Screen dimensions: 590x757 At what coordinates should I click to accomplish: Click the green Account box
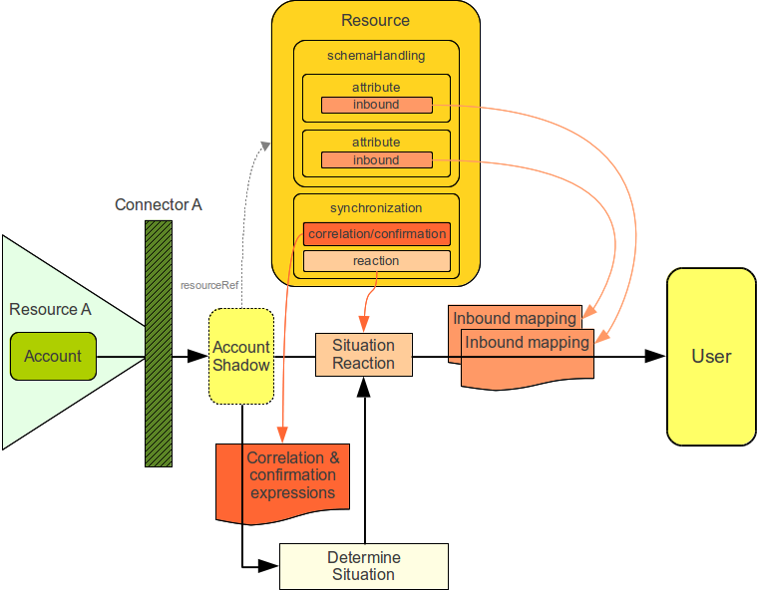click(x=53, y=357)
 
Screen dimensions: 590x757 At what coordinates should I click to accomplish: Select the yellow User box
click(x=711, y=356)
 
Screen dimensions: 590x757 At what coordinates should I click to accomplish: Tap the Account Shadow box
click(x=241, y=356)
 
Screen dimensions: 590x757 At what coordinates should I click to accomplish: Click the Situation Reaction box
click(x=363, y=355)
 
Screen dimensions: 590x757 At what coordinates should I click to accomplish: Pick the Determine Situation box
click(x=363, y=566)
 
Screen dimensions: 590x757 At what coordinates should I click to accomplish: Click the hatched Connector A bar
click(x=158, y=344)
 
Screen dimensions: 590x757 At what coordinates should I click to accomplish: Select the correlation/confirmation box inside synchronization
click(x=376, y=234)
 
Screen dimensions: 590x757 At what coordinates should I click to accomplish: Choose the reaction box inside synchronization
click(x=376, y=261)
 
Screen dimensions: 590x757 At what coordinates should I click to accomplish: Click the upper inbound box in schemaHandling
click(x=376, y=105)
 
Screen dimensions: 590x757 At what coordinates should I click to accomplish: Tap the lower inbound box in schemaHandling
click(x=376, y=160)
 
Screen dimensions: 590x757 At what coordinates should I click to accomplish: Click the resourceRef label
click(x=209, y=285)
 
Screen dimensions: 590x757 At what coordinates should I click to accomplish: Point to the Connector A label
click(x=159, y=205)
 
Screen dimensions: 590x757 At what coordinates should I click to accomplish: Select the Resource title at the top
click(x=375, y=20)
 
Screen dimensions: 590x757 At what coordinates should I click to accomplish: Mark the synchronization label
click(x=376, y=208)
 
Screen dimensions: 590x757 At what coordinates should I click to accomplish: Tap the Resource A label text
click(x=50, y=309)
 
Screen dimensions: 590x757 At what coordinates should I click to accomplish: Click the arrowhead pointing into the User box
click(x=656, y=356)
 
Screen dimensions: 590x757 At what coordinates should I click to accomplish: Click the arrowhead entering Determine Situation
click(x=270, y=566)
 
